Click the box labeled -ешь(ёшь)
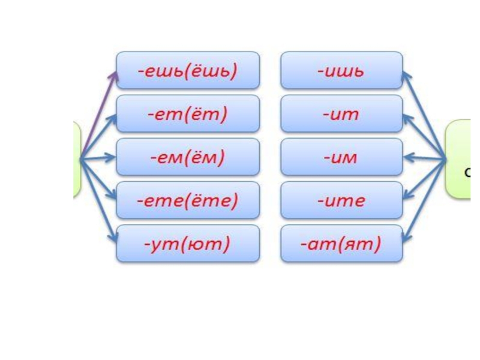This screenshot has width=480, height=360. pos(188,71)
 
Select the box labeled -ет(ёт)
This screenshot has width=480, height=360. pos(188,114)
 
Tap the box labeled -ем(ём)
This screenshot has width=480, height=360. pos(188,158)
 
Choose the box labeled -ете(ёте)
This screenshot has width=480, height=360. pos(188,200)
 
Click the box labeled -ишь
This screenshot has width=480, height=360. pos(341,71)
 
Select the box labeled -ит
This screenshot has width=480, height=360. pos(341,114)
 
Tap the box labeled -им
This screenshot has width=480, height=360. pos(341,158)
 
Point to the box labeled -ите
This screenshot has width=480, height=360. pos(341,200)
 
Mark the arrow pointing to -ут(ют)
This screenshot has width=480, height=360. pos(99,201)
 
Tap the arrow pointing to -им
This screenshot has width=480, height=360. pos(424,159)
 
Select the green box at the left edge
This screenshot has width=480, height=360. pos(77,159)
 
